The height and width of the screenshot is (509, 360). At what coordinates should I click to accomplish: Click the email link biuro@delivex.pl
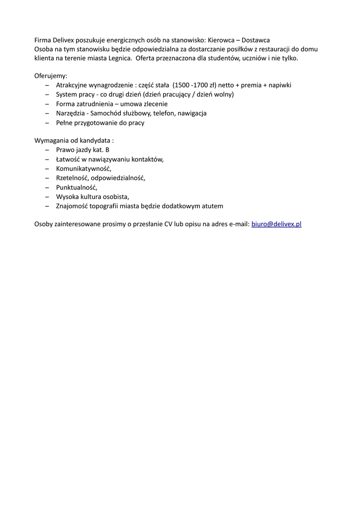point(276,224)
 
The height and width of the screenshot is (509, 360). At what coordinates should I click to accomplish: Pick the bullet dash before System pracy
point(47,94)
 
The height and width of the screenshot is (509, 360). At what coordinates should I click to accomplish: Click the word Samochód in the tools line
point(107,113)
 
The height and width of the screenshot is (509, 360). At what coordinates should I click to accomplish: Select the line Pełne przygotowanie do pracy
point(100,122)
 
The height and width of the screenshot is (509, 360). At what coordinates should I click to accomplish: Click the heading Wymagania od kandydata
point(74,141)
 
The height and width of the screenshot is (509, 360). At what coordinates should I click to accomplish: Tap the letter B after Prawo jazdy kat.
point(107,150)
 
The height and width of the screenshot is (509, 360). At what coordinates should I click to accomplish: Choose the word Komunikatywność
point(84,169)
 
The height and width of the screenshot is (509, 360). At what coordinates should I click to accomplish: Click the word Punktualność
point(77,187)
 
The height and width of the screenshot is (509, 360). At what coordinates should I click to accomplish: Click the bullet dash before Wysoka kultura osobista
point(47,196)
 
